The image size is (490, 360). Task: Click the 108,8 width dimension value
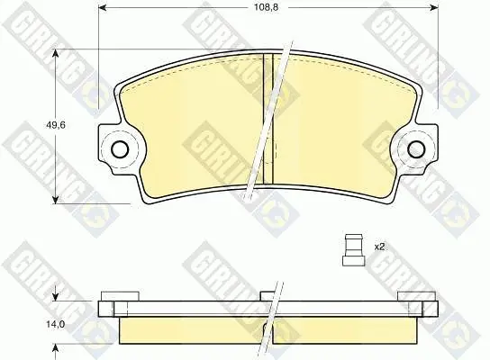click(266, 7)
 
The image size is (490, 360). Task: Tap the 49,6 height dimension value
click(56, 125)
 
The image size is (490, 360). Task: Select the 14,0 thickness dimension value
click(56, 325)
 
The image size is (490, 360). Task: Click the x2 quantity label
click(379, 247)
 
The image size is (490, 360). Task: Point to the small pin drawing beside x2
click(353, 250)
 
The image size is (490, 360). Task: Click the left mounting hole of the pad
click(120, 149)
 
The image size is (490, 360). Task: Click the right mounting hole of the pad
click(416, 149)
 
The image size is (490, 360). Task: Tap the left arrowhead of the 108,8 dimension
click(103, 7)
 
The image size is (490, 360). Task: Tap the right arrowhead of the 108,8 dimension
click(434, 7)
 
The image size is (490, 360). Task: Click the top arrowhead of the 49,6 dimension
click(56, 54)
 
